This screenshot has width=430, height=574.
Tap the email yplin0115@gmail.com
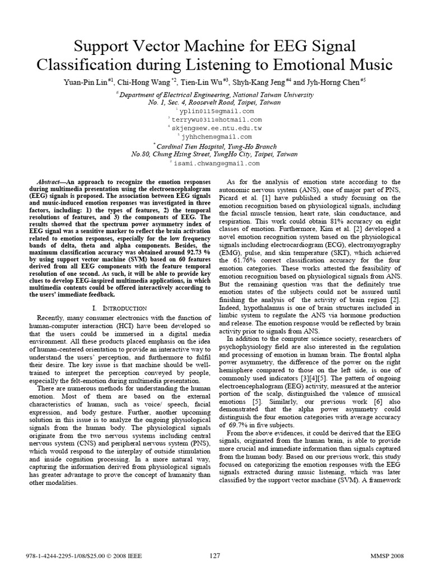pos(217,111)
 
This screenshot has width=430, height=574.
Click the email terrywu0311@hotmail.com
pos(217,119)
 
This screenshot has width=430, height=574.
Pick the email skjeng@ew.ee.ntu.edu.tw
pos(217,128)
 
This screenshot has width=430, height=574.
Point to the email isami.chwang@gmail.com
pos(217,164)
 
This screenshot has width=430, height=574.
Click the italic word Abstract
pos(51,182)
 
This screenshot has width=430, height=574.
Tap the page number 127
pos(214,556)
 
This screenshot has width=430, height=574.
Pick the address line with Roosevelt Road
pos(215,103)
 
